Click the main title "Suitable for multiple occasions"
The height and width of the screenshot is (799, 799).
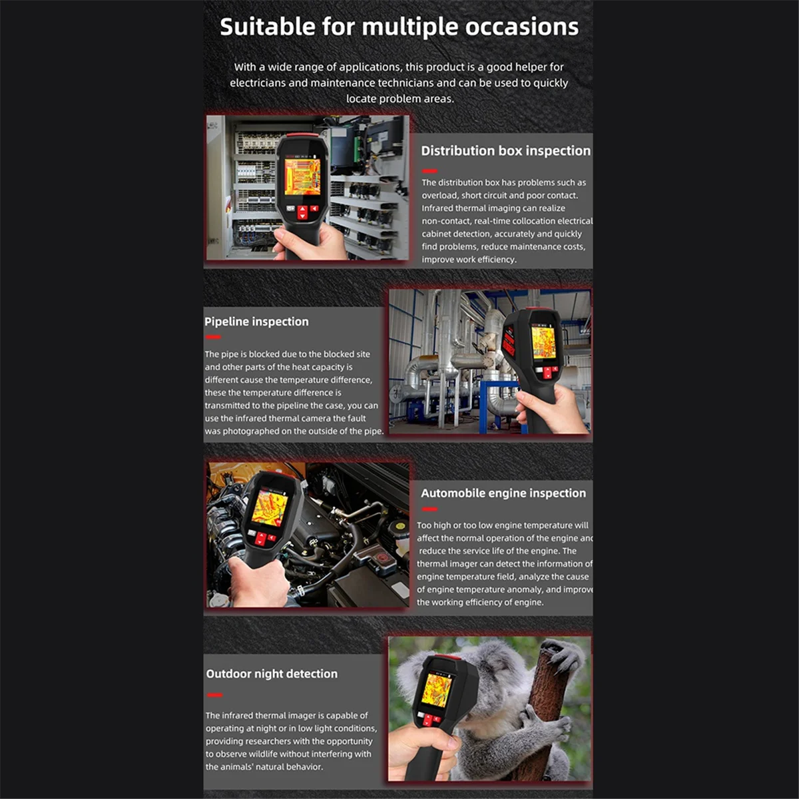pyautogui.click(x=399, y=27)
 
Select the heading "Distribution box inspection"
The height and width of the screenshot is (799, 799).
pyautogui.click(x=505, y=151)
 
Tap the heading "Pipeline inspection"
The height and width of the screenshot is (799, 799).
pyautogui.click(x=256, y=322)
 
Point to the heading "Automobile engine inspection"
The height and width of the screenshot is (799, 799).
pyautogui.click(x=503, y=493)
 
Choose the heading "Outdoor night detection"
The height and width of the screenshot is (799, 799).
pyautogui.click(x=272, y=674)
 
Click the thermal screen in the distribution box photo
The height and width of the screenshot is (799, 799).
pyautogui.click(x=302, y=176)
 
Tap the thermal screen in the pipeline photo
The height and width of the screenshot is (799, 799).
pyautogui.click(x=543, y=342)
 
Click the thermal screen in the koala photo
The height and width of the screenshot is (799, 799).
pyautogui.click(x=437, y=690)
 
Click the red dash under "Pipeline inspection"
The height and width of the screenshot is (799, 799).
pyautogui.click(x=213, y=338)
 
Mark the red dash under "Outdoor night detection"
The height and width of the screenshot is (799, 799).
pyautogui.click(x=214, y=695)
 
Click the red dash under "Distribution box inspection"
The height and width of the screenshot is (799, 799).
pyautogui.click(x=429, y=171)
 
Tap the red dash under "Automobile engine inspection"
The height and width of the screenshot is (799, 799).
pyautogui.click(x=429, y=509)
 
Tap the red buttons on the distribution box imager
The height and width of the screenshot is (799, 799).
pyautogui.click(x=303, y=212)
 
